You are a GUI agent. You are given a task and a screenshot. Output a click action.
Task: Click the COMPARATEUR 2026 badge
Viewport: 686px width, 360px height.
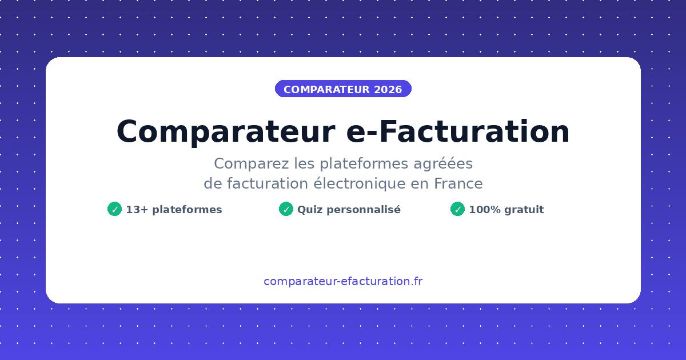coord(343,89)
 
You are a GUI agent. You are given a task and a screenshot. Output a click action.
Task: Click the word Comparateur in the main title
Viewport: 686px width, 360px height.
coord(225,132)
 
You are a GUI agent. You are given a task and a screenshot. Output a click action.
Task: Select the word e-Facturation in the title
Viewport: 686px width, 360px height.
coord(458,132)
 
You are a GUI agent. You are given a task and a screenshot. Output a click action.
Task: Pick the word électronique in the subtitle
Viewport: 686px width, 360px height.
coord(360,183)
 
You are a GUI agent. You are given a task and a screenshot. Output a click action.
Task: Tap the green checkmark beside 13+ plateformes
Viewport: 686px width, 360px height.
coord(114,209)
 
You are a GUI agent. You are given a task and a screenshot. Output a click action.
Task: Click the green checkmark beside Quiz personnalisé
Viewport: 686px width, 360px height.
coord(286,209)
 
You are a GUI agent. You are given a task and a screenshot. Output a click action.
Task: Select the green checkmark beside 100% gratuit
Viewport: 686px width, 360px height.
coord(457,209)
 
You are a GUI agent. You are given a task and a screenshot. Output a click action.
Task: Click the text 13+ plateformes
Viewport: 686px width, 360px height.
coord(174,210)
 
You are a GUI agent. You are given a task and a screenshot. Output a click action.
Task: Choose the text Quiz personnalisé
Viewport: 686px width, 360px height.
coord(349,210)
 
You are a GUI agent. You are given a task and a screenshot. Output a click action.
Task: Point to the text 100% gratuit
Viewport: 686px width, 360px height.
coord(506,210)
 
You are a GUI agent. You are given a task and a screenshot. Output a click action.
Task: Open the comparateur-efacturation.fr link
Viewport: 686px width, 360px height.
coord(343,281)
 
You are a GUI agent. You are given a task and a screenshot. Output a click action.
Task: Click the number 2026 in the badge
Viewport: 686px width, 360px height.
coord(388,90)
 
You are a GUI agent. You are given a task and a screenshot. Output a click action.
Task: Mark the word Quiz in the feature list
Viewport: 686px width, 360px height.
coord(308,210)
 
